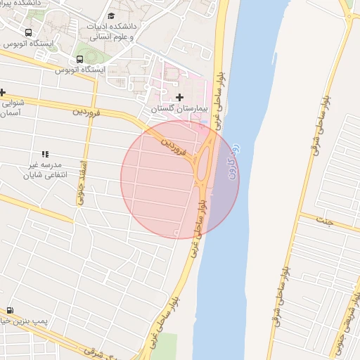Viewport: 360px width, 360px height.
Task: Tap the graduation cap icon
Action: tap(111, 16)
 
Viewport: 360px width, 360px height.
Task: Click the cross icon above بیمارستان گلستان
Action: tap(179, 97)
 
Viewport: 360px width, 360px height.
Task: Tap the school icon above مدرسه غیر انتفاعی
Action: tap(45, 153)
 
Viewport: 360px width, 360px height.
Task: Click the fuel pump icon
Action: tap(10, 310)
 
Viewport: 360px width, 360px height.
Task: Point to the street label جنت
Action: tap(328, 220)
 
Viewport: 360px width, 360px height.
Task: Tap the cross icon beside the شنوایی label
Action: tap(3, 92)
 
